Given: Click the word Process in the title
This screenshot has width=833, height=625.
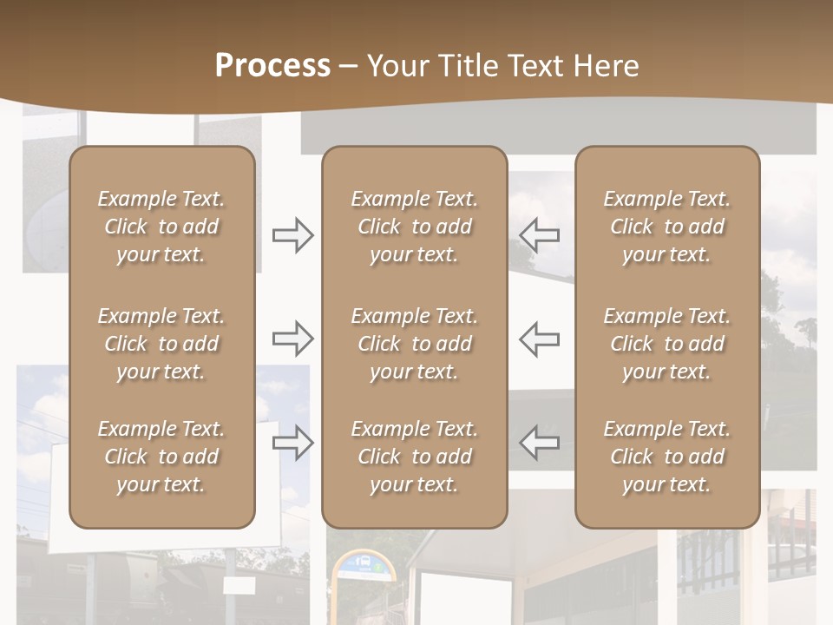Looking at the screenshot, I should point(272,66).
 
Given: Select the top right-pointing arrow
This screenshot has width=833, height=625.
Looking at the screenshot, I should point(292,235).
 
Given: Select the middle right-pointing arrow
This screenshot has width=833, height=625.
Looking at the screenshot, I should point(292,338).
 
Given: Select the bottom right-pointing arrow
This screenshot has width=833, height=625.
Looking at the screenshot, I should point(292,442).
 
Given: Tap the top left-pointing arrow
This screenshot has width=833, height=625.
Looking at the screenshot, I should point(540,235).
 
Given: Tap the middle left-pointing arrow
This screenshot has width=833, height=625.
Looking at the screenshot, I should point(540,338).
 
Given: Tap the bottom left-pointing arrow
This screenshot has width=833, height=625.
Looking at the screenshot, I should point(540,442).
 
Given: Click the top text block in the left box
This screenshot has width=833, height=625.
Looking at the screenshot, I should point(161,227).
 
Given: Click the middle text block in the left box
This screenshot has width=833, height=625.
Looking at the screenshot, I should point(161,344).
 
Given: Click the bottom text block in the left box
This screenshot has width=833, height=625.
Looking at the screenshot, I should point(161,457).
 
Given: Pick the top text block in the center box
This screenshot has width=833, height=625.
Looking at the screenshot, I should point(414,227).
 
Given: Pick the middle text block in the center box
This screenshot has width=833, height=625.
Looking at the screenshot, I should point(414,344).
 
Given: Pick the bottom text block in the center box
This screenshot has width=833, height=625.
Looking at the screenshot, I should point(414,457).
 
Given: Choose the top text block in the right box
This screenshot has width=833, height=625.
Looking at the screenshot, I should point(666,227).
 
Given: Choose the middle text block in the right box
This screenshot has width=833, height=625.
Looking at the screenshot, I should point(666,344).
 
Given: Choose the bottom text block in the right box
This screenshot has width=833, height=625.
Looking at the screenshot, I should point(666,457).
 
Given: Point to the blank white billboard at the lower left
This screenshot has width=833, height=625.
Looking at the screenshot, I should point(61,495).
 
